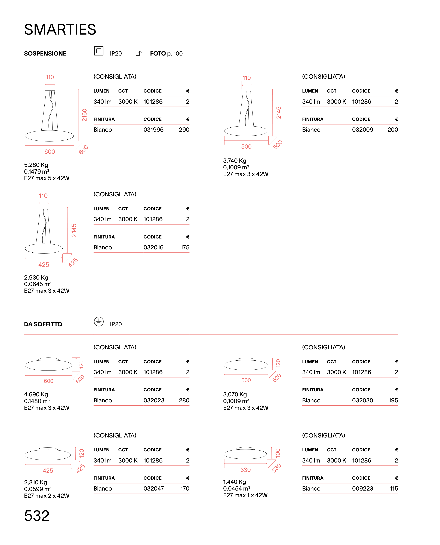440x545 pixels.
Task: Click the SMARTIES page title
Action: (x=60, y=29)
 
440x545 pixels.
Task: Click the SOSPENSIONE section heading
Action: (x=45, y=53)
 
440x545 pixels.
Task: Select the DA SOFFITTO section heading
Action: (x=43, y=324)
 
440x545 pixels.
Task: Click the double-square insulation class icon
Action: (x=99, y=51)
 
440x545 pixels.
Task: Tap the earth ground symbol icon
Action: (x=99, y=322)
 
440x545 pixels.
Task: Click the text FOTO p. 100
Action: (x=166, y=53)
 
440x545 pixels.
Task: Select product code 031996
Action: (x=154, y=130)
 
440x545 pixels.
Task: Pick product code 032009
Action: (x=362, y=130)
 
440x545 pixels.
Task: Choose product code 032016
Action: (x=154, y=247)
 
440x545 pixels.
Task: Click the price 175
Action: (x=185, y=247)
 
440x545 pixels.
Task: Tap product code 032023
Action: (x=154, y=400)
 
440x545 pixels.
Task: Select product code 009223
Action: (x=362, y=488)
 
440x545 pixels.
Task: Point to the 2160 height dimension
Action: (x=84, y=115)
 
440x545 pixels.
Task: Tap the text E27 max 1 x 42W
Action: (x=245, y=495)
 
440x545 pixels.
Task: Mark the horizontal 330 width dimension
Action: (x=246, y=470)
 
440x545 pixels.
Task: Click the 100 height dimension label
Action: (x=278, y=453)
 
